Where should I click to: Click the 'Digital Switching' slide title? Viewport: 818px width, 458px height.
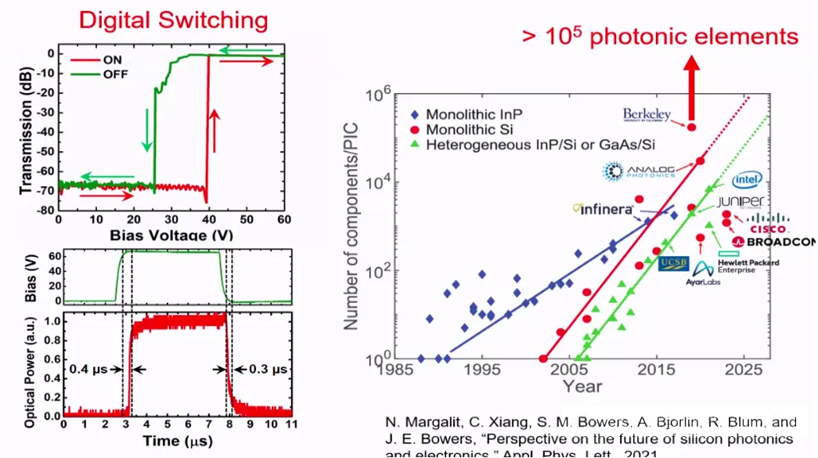(x=173, y=20)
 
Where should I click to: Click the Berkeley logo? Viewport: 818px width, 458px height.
(x=647, y=115)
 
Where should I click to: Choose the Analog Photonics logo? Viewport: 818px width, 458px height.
(x=640, y=170)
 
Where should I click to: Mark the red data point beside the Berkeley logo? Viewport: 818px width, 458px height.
(x=691, y=126)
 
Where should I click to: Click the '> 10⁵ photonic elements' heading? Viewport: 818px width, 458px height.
(x=661, y=37)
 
